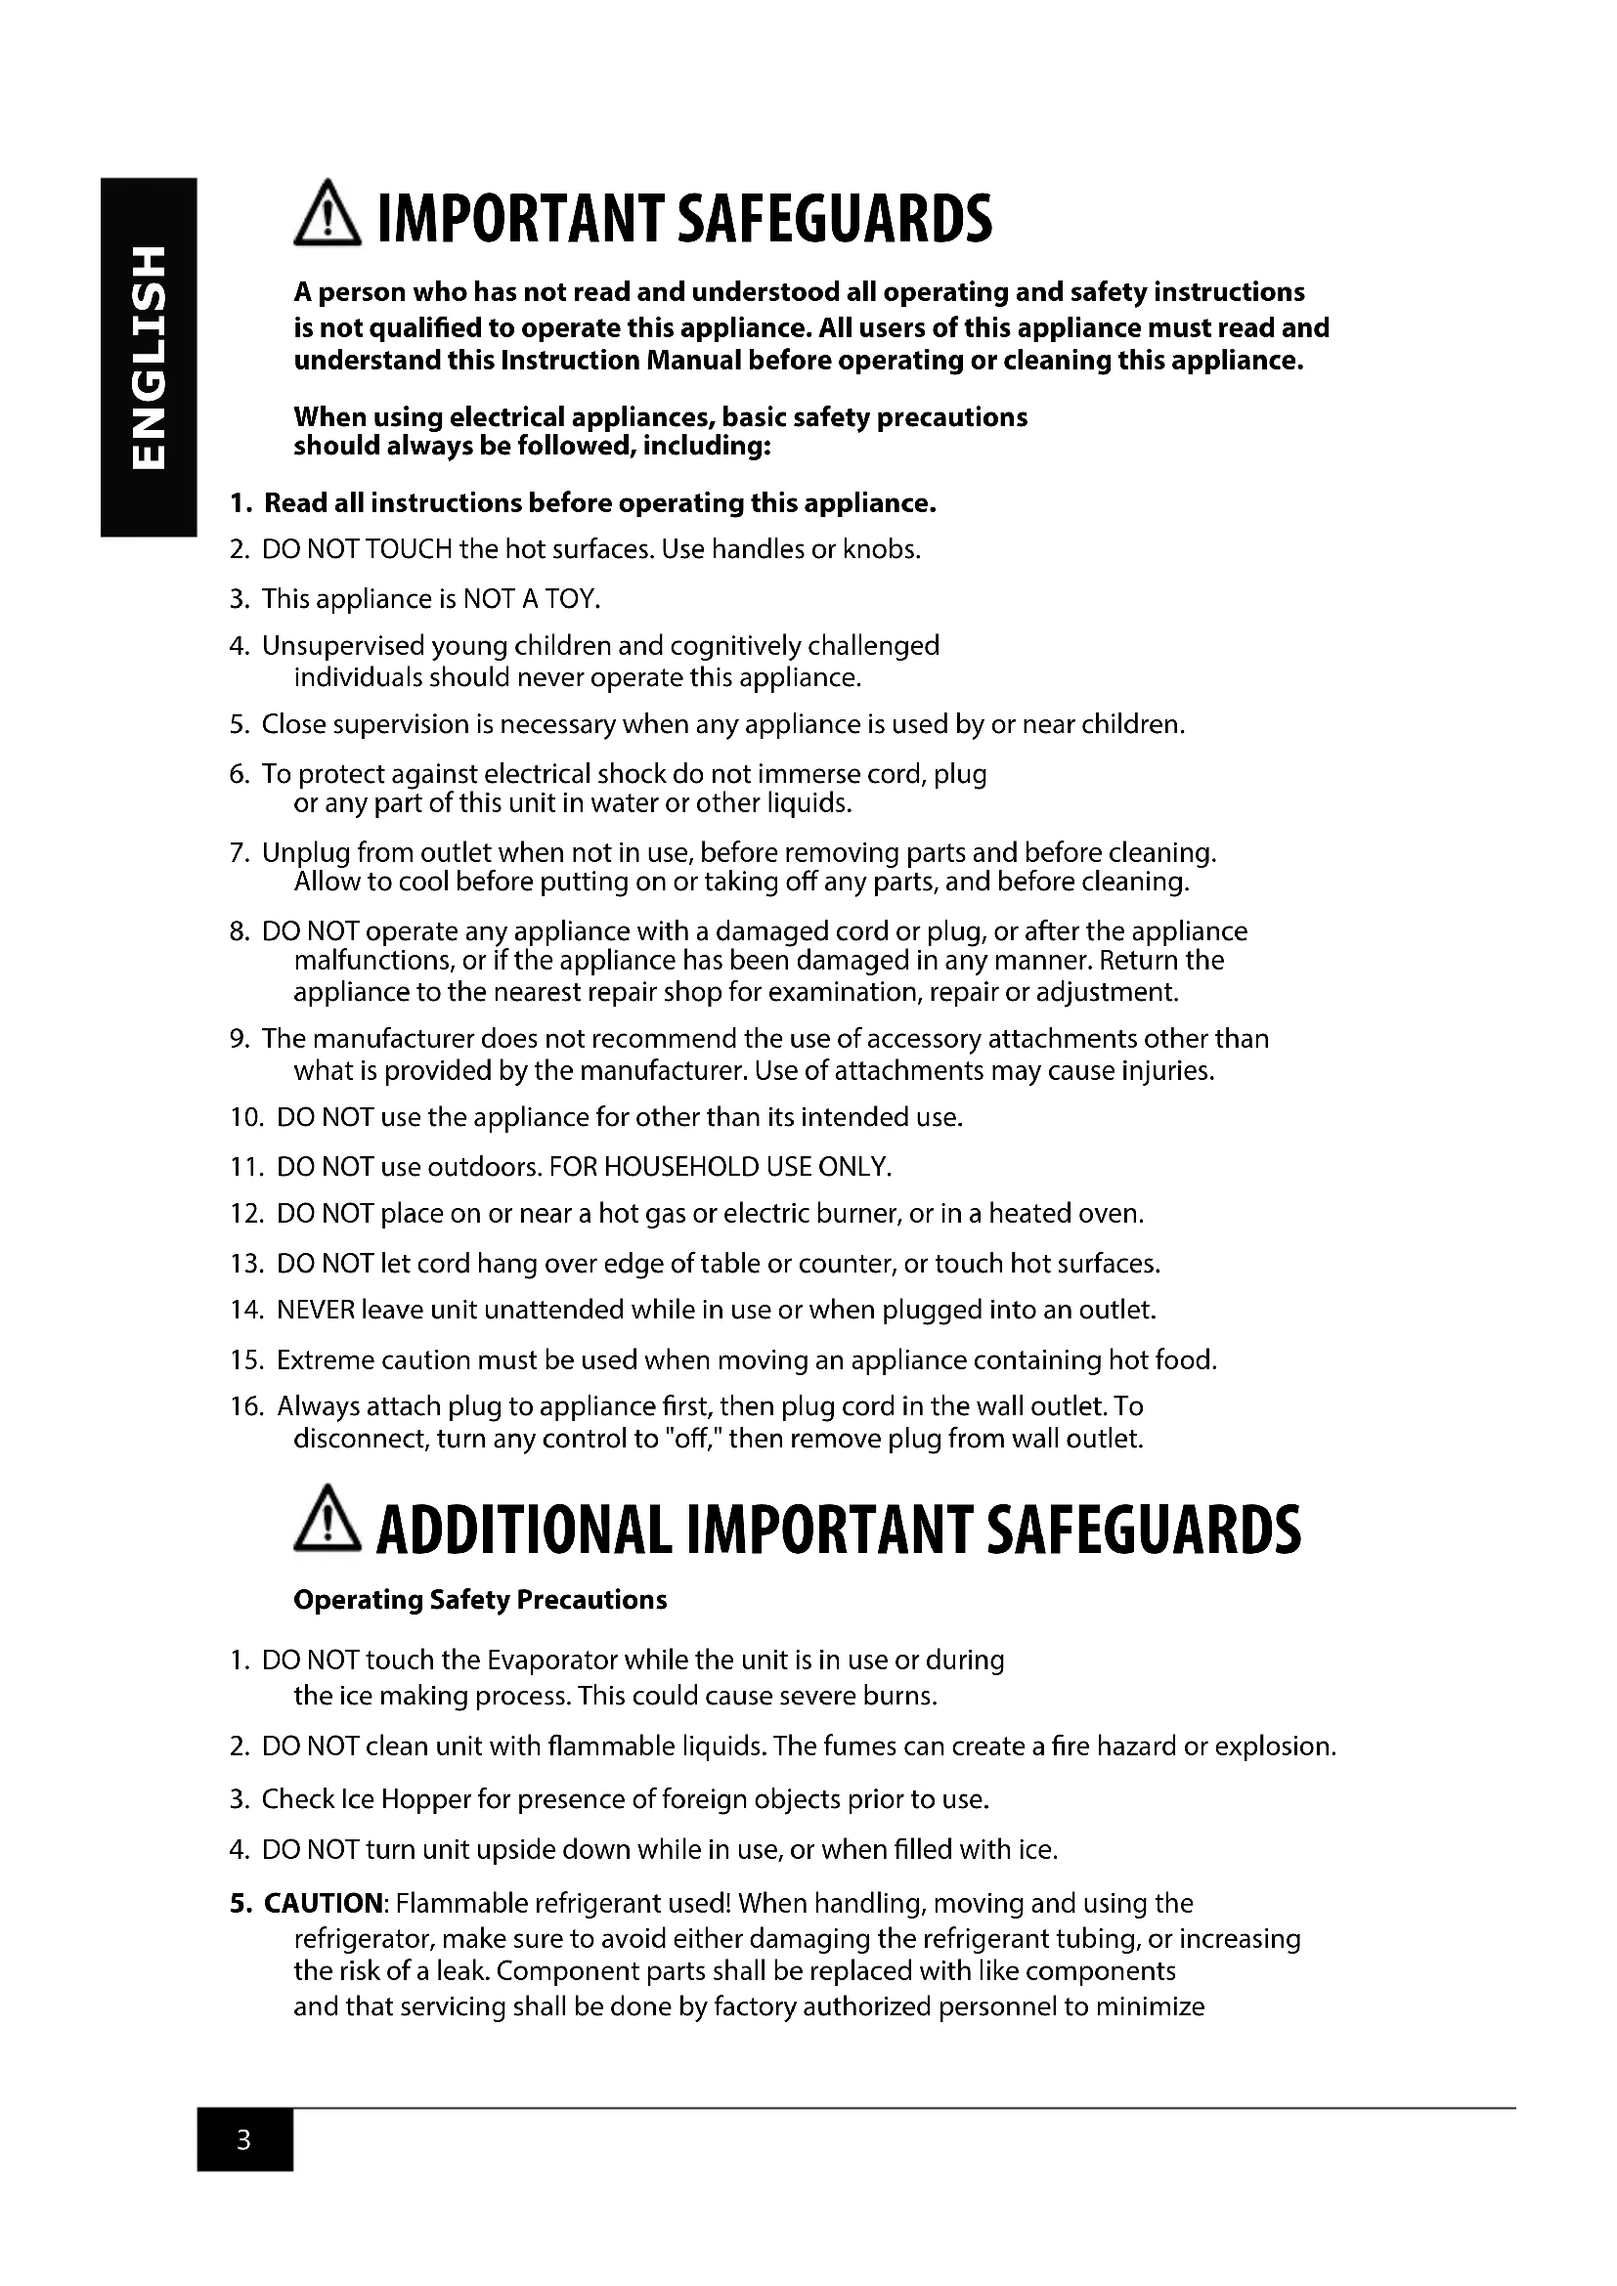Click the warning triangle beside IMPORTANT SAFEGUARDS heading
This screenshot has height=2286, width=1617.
coord(328,220)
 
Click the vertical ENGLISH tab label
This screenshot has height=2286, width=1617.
coord(147,357)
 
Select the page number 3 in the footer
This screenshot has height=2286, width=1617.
coord(244,2139)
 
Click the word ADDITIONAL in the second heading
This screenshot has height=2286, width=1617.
coord(524,1531)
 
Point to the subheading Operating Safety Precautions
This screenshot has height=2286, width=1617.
coord(480,1600)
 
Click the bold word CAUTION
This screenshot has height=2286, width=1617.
coord(324,1903)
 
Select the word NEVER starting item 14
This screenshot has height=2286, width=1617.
coord(315,1310)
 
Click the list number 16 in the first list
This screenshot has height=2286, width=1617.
coord(246,1405)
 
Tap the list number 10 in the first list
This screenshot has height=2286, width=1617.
coord(246,1117)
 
